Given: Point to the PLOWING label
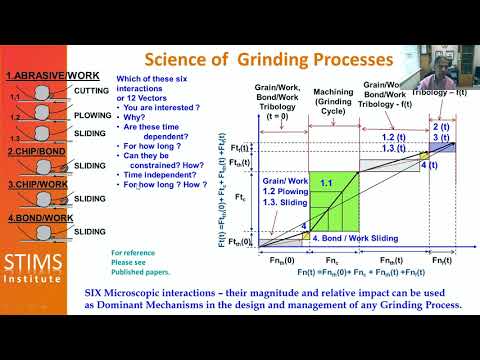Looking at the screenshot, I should [x=93, y=115].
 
